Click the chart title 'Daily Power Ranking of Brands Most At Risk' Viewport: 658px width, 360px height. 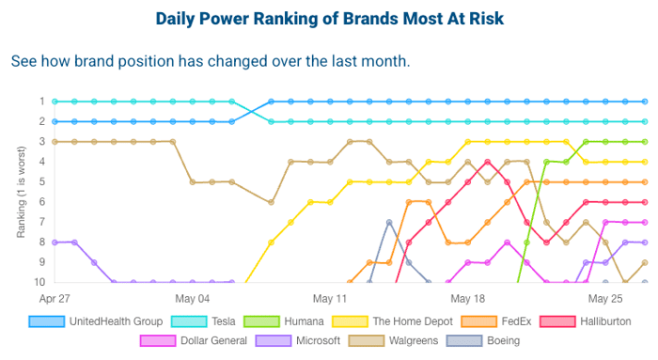328,19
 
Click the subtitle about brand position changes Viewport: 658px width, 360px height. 211,61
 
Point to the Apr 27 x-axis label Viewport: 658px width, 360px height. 55,298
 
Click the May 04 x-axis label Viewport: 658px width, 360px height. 192,298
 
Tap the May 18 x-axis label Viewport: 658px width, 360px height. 467,298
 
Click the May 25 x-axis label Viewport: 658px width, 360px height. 605,298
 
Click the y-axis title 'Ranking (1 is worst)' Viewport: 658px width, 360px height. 20,192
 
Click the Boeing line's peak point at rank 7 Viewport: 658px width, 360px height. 389,222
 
